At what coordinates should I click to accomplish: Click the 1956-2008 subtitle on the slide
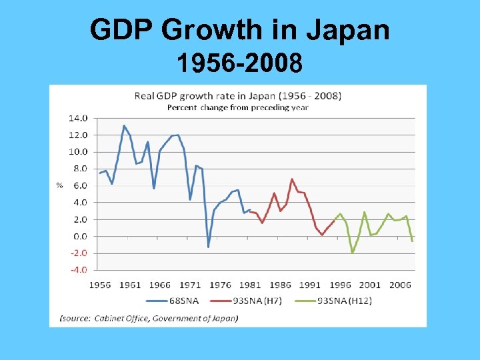[x=239, y=64]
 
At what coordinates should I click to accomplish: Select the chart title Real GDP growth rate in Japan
[x=238, y=95]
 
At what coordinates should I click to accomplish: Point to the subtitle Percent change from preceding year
[x=237, y=107]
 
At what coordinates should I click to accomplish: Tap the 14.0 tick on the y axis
[x=78, y=118]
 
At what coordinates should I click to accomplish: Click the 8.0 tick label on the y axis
[x=79, y=169]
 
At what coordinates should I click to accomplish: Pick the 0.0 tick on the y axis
[x=79, y=236]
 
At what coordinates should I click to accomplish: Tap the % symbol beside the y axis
[x=59, y=185]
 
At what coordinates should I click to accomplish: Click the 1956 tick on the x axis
[x=100, y=285]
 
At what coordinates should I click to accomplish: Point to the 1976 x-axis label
[x=220, y=285]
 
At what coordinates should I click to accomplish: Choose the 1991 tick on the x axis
[x=310, y=285]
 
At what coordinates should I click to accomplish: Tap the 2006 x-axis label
[x=399, y=285]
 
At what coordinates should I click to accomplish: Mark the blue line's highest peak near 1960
[x=124, y=125]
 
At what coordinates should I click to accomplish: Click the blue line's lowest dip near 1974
[x=208, y=247]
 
